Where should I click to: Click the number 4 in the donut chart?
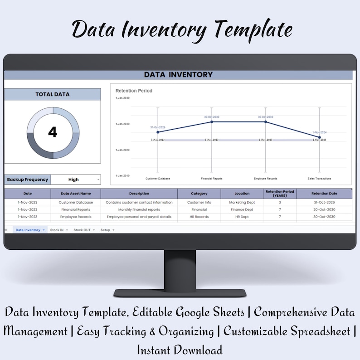click(53, 132)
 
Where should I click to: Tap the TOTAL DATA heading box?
click(53, 94)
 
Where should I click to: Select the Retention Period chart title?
click(134, 91)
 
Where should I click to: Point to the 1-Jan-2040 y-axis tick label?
click(122, 98)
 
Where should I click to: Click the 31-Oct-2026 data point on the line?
click(158, 132)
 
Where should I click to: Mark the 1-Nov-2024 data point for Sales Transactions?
click(319, 137)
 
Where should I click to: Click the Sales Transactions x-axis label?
click(319, 179)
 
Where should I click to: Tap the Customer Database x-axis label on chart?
click(158, 179)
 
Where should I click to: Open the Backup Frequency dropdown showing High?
click(75, 180)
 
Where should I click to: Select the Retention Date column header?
click(324, 194)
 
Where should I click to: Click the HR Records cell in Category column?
click(199, 217)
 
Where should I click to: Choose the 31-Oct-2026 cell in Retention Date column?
click(324, 202)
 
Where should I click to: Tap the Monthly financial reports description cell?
click(139, 209)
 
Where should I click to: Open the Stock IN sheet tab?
click(57, 230)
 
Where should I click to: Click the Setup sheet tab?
click(106, 230)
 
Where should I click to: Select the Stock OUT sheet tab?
click(83, 230)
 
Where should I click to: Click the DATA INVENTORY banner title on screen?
click(178, 75)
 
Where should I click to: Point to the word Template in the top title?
click(253, 30)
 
